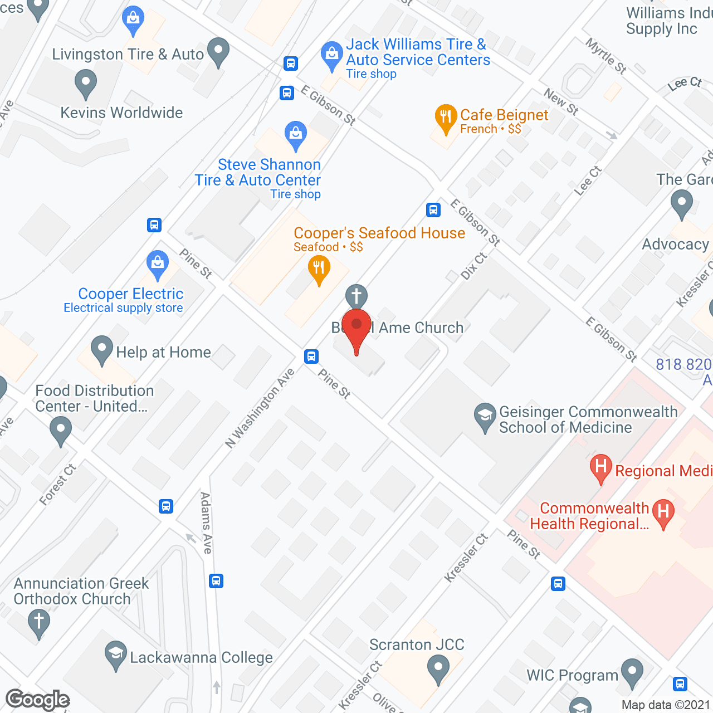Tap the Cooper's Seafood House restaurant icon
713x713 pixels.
(319, 268)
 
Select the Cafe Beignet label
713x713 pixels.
(504, 115)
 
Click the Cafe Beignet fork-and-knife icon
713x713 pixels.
(445, 117)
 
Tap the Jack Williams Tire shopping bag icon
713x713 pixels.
(332, 55)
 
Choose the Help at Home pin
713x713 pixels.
(102, 349)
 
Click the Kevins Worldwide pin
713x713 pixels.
(86, 83)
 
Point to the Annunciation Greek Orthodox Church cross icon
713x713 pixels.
(39, 621)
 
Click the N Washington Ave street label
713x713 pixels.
(260, 408)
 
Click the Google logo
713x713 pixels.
(38, 700)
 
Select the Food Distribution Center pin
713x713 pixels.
(61, 430)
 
